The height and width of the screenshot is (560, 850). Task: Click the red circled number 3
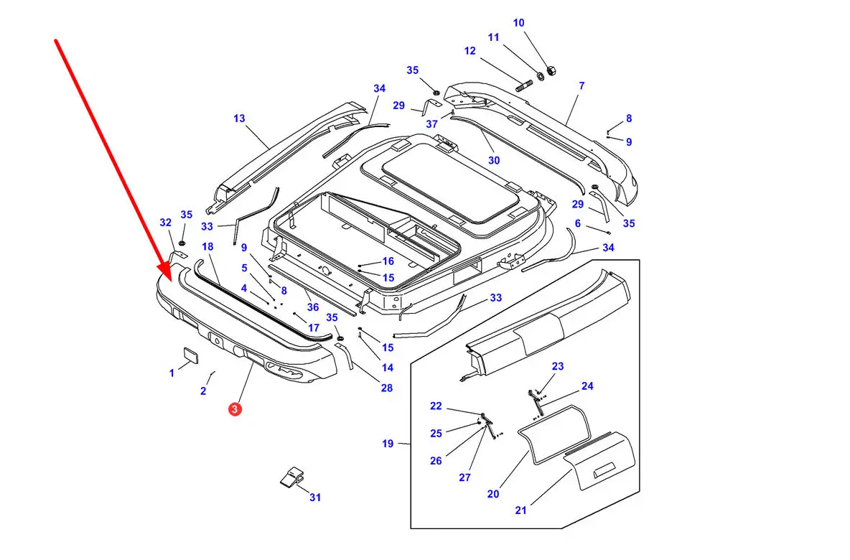[235, 409]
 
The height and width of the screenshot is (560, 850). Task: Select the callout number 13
[239, 118]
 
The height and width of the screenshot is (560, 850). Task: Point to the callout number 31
[315, 497]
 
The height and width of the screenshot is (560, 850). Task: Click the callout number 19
[388, 444]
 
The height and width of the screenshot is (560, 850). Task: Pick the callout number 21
[520, 510]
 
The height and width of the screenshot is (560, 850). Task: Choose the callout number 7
[582, 86]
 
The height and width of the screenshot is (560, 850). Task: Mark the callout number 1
[172, 373]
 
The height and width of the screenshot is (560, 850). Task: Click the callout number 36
[313, 307]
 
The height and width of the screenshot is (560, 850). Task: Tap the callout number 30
[494, 161]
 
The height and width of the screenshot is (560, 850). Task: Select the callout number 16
[388, 261]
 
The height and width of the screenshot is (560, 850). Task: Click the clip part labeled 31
[291, 477]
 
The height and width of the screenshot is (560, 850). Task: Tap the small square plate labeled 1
[190, 355]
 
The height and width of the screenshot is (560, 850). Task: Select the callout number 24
[587, 386]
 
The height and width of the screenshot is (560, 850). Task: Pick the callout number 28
[387, 388]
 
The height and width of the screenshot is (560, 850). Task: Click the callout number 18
[207, 247]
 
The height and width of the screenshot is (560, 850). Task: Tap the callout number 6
[577, 223]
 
